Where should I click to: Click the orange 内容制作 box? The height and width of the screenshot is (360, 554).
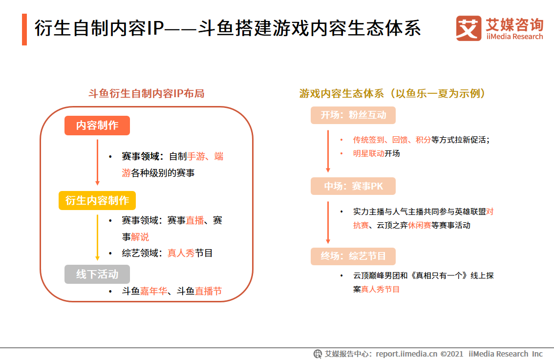(x=97, y=126)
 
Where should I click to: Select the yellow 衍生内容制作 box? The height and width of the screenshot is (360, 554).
(x=97, y=201)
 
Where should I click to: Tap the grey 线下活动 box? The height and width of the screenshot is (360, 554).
(x=97, y=275)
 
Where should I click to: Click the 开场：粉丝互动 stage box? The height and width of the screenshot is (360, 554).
(x=353, y=115)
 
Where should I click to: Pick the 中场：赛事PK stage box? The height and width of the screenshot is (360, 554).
(x=353, y=186)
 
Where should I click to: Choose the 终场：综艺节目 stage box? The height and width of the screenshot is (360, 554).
(x=353, y=256)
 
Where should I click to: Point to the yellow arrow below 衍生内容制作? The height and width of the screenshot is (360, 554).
(x=97, y=236)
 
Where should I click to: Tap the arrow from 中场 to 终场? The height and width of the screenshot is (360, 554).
(x=328, y=222)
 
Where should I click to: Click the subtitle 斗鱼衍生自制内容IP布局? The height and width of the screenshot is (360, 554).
(x=146, y=93)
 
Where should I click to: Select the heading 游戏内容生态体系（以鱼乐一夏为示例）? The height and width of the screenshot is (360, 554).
(x=393, y=93)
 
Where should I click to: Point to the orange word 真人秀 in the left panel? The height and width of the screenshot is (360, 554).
(x=181, y=253)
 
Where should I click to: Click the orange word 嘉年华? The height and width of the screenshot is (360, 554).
(x=153, y=291)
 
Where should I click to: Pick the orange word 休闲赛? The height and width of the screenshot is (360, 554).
(x=420, y=225)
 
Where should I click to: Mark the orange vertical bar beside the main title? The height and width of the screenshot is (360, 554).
(x=24, y=29)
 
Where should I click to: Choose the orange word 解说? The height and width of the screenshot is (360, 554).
(x=140, y=237)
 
